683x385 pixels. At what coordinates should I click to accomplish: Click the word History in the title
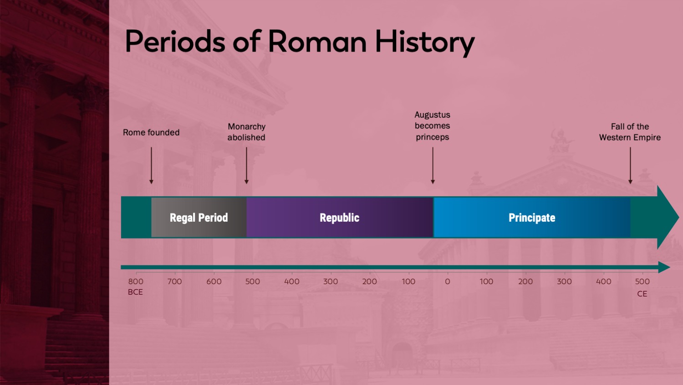(x=425, y=42)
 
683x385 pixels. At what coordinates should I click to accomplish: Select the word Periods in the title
(x=175, y=41)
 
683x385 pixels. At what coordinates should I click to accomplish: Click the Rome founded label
(x=151, y=132)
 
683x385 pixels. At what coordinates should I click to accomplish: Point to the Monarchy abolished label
(x=246, y=132)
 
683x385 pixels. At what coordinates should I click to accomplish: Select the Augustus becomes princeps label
(x=433, y=126)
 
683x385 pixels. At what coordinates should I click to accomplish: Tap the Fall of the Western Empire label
(x=630, y=132)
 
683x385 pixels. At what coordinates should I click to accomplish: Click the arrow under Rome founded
(x=151, y=165)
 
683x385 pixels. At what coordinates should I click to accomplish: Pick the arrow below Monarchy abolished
(x=246, y=165)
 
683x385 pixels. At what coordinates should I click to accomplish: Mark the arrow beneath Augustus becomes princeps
(x=433, y=165)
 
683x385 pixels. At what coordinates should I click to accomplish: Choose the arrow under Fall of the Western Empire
(x=630, y=165)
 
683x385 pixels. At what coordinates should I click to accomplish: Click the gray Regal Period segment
(x=199, y=217)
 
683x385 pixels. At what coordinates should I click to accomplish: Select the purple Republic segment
(x=340, y=217)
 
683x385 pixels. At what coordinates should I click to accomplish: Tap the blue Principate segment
(x=532, y=217)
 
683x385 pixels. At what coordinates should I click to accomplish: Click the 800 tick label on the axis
(x=136, y=281)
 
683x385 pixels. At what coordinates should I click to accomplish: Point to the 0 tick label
(x=447, y=281)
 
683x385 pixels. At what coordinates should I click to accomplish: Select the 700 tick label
(x=174, y=281)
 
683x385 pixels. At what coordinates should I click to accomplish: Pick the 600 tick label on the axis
(x=214, y=281)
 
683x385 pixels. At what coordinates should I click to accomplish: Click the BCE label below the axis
(x=135, y=292)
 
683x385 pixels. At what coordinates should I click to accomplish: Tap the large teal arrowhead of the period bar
(x=666, y=217)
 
